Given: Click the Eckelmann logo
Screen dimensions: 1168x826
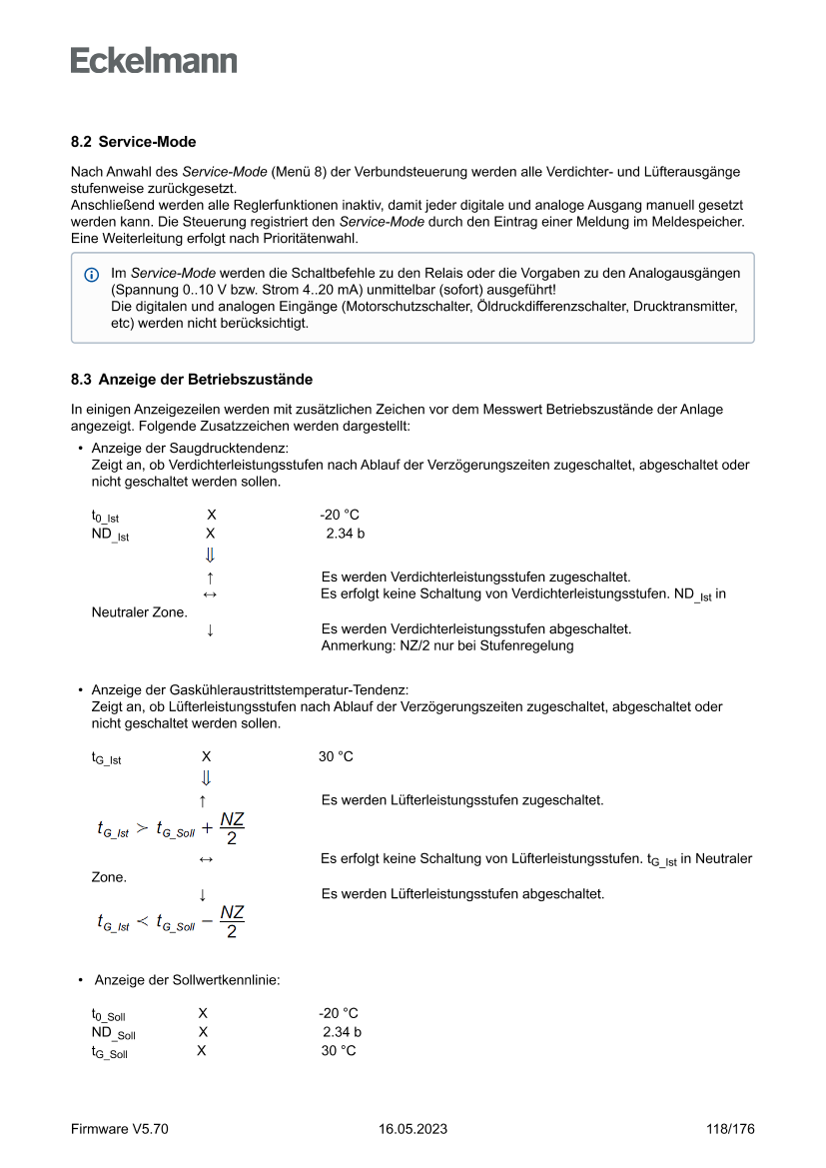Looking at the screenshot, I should (x=154, y=61).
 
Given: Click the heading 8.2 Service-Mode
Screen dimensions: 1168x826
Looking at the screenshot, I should (x=133, y=143).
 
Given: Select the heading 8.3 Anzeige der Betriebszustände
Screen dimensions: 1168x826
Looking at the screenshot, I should (x=192, y=380).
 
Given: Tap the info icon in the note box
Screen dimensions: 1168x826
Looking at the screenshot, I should (x=92, y=274).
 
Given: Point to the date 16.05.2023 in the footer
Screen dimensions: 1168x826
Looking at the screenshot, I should (x=413, y=1129).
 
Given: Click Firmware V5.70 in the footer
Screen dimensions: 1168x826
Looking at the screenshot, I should (x=120, y=1129).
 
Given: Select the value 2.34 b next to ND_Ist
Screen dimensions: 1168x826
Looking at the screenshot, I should (x=345, y=534).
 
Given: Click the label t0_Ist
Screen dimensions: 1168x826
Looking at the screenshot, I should (x=104, y=517).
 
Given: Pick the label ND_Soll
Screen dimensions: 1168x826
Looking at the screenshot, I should (x=113, y=1033).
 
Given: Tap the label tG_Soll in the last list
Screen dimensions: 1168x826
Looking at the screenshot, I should (x=109, y=1052).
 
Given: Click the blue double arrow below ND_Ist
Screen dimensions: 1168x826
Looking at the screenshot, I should (x=210, y=556).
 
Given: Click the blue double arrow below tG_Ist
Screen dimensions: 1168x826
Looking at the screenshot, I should (x=206, y=777).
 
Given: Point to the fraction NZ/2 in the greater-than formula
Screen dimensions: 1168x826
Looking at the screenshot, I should (x=232, y=828).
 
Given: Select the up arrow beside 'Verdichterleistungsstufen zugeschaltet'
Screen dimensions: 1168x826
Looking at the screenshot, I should (x=210, y=578).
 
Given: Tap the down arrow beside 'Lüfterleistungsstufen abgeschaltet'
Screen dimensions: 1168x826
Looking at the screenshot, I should (x=203, y=894).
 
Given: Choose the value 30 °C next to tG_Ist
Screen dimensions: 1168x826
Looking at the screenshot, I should (x=336, y=756).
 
